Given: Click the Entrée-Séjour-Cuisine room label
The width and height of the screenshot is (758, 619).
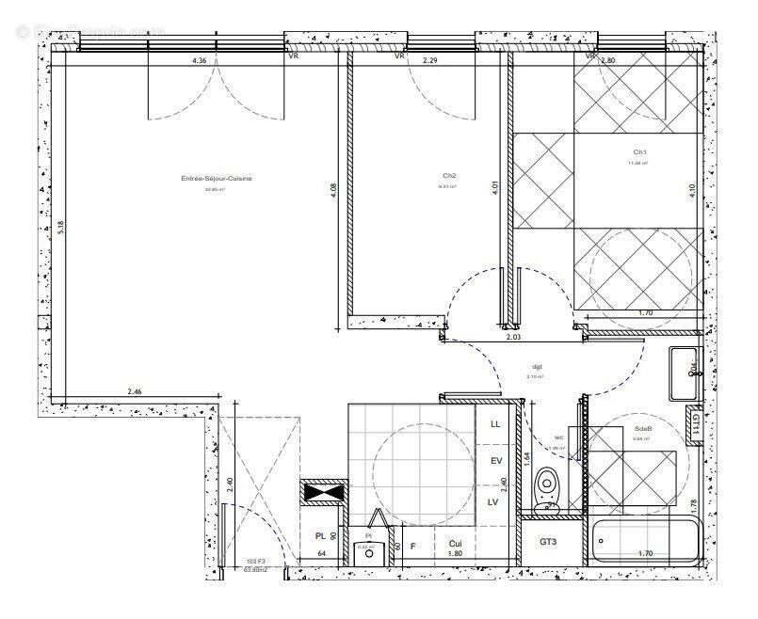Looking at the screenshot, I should point(217,179).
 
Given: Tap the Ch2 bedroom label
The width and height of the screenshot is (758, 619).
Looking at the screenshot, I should point(448,176).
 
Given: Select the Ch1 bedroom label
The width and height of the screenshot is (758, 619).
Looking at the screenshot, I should point(639,151).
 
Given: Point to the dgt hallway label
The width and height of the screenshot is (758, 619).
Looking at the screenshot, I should point(537,367).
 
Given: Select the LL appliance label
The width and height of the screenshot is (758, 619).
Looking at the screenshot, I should point(495,424).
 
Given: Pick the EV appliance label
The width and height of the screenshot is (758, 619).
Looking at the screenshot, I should point(495,461).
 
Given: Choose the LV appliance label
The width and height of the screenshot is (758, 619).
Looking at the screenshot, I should point(492,501).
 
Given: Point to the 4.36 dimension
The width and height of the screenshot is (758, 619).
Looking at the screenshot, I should point(199,60).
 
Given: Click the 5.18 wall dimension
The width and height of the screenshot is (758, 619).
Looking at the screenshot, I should point(58,227).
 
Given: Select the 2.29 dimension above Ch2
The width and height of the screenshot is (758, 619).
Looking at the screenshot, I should point(429,60).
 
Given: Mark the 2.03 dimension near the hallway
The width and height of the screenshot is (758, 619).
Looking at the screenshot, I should point(513,335).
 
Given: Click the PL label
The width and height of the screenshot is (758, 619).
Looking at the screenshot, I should point(320,536).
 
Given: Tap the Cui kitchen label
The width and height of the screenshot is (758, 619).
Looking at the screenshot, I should point(456,544).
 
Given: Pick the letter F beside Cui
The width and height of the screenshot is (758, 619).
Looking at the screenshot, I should point(412,545).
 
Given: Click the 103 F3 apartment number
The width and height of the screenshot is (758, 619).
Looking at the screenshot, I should point(257,560).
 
